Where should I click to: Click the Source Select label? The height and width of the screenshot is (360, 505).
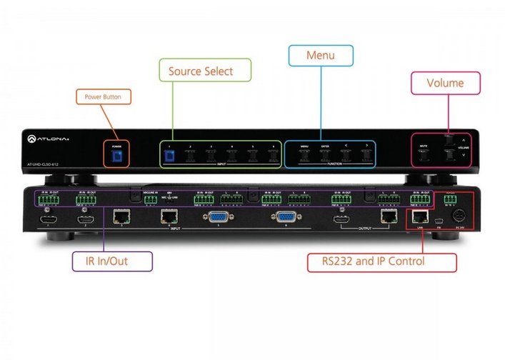(205, 71)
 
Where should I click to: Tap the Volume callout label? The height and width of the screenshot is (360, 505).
(445, 83)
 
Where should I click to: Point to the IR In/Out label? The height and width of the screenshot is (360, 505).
(113, 261)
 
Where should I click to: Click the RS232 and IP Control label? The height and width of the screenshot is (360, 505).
(381, 261)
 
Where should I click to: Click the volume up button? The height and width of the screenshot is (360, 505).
(449, 141)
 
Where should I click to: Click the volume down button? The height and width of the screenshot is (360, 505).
(449, 155)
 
